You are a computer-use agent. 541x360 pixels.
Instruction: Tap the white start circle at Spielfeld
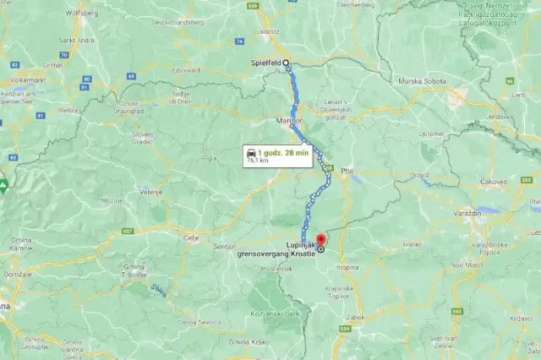tap(286, 63)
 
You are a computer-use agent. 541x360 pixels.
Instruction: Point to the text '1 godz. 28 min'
tap(285, 150)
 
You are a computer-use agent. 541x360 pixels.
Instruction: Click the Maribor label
tap(288, 122)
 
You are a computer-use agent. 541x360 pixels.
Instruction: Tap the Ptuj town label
tap(346, 170)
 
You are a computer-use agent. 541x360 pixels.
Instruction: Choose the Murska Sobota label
tap(423, 80)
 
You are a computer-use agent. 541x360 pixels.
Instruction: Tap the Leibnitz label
tap(269, 30)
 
